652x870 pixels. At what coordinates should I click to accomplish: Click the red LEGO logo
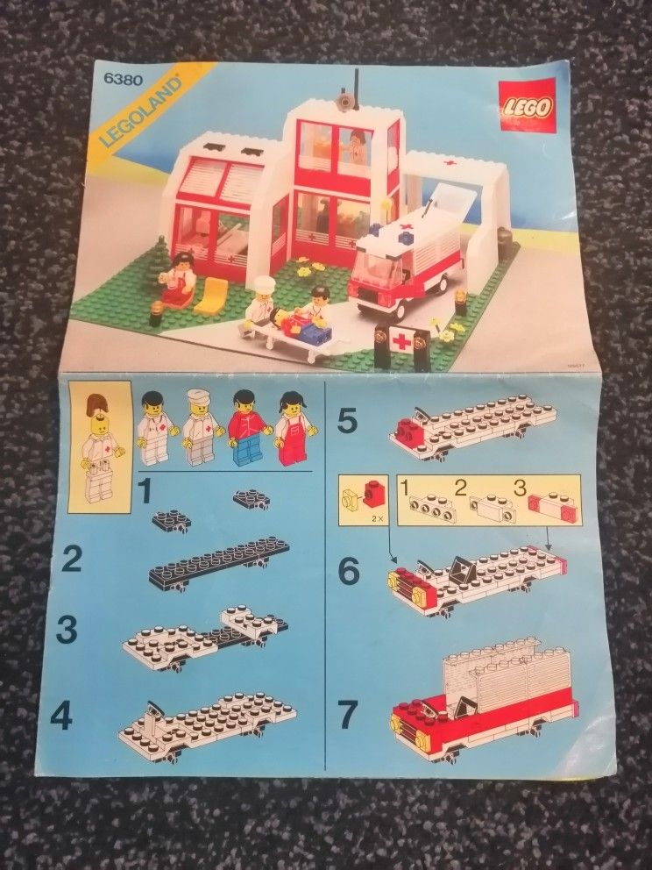(x=527, y=104)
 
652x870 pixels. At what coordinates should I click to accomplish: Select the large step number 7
(x=348, y=715)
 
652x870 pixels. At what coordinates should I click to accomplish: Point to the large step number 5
(x=347, y=422)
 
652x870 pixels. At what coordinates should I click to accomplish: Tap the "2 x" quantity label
(x=379, y=519)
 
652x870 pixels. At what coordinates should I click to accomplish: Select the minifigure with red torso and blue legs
(x=249, y=429)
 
